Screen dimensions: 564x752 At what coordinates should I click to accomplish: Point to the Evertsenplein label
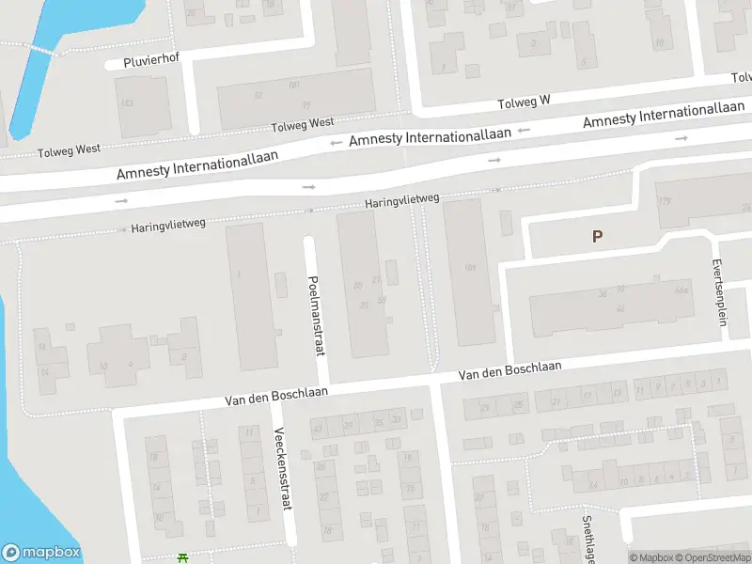tap(722, 292)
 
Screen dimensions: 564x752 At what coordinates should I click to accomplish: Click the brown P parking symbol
tap(597, 237)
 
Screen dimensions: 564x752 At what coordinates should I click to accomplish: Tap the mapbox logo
tap(41, 553)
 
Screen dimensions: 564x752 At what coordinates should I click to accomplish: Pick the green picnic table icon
tap(183, 558)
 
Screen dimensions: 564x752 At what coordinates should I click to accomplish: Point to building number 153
tap(126, 102)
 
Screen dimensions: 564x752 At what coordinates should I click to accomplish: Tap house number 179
tap(665, 201)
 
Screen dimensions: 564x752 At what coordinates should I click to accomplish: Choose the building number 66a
tap(681, 290)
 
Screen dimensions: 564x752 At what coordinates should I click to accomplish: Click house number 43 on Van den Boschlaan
tap(318, 428)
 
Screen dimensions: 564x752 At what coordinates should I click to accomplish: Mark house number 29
tap(485, 407)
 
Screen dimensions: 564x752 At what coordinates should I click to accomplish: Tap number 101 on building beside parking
tap(470, 267)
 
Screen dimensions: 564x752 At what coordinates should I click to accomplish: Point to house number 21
tap(555, 401)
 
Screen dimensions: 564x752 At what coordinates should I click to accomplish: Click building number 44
tap(619, 308)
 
